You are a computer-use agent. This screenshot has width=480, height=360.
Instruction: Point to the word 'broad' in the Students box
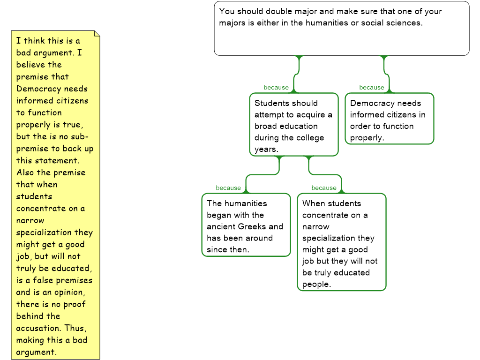coord(265,126)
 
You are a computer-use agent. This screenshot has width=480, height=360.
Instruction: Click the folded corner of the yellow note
coord(97,34)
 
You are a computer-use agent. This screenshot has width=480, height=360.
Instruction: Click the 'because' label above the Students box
coord(276,88)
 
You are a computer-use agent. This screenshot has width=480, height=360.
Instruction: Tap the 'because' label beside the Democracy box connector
coord(372,88)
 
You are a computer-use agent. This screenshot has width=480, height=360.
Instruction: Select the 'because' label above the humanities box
coord(228,188)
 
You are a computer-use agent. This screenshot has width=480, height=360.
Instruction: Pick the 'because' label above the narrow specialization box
coord(324,188)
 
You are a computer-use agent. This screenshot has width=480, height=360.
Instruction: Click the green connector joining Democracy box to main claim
coord(386,73)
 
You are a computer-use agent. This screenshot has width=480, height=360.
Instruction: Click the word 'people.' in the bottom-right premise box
coord(316,284)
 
